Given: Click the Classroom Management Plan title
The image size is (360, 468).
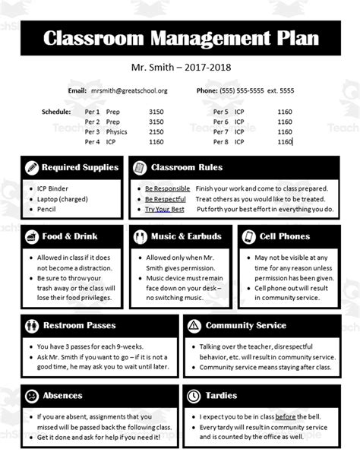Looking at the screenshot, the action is (180, 40).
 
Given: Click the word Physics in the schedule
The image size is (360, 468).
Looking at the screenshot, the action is (116, 131).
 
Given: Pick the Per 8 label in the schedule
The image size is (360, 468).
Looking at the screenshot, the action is (221, 141).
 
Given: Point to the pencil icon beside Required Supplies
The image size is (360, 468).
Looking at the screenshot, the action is (32, 167).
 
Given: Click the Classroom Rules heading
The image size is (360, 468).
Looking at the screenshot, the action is (187, 167).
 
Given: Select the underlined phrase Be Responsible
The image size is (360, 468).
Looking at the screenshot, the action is (167, 188).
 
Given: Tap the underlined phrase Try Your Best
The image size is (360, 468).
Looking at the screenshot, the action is (164, 209).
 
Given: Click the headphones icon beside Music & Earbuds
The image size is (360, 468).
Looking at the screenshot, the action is (139, 236).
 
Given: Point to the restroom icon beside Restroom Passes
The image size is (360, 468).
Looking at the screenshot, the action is (32, 325).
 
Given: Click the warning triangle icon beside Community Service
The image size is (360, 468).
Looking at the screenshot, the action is (194, 325).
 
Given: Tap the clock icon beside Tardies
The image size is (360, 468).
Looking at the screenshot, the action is (194, 396).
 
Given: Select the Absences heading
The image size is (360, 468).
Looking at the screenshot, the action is (63, 396).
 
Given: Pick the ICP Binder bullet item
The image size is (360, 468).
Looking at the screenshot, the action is (52, 188).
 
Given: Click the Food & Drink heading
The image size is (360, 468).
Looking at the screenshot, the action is (70, 236).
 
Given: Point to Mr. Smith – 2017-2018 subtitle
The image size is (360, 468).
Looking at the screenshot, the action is (180, 68).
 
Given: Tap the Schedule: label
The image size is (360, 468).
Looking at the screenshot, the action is (56, 111).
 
